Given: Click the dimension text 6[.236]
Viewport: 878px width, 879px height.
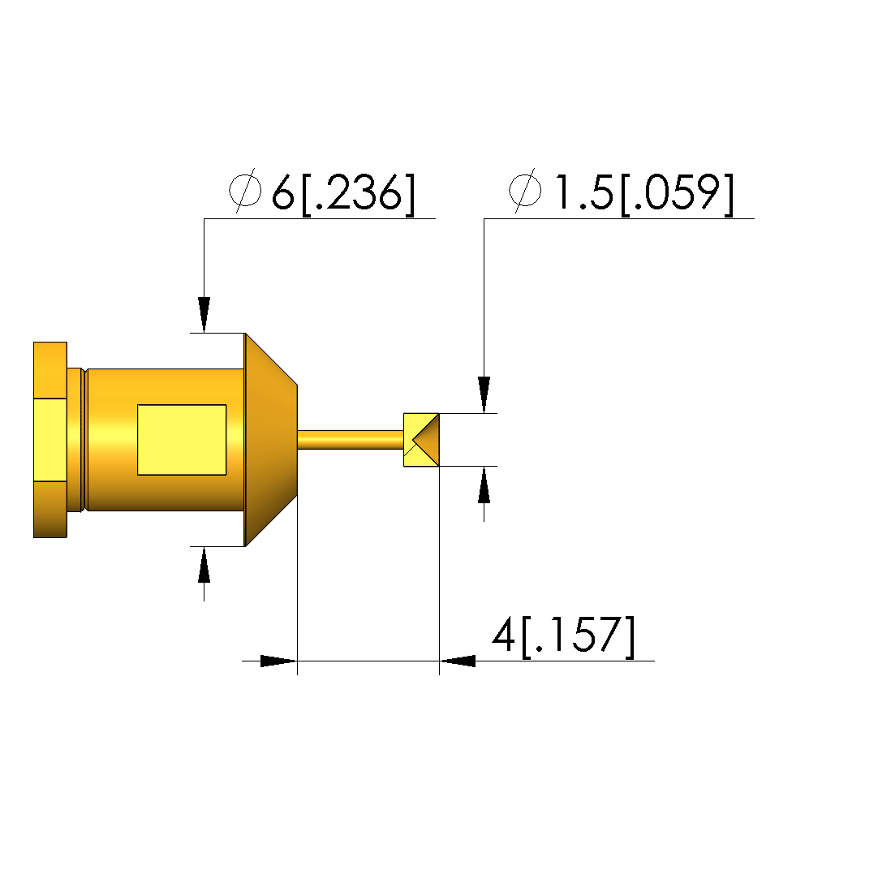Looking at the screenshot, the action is point(343,193).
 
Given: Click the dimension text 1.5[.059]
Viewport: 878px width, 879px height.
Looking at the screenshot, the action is point(643,193).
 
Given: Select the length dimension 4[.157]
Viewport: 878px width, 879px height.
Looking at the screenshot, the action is point(563,636).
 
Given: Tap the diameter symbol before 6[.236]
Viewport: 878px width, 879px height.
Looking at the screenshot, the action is point(245,190).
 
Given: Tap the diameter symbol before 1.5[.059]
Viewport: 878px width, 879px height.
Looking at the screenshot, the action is point(525,190).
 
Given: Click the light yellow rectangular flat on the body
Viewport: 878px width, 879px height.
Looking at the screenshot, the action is point(182,440).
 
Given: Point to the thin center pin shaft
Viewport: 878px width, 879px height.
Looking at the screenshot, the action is point(351,440).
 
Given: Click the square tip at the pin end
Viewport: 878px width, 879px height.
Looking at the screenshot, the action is point(421,440).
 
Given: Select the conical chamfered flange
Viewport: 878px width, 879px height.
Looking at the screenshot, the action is point(271,440).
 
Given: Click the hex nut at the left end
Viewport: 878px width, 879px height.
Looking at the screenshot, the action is point(50,440).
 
